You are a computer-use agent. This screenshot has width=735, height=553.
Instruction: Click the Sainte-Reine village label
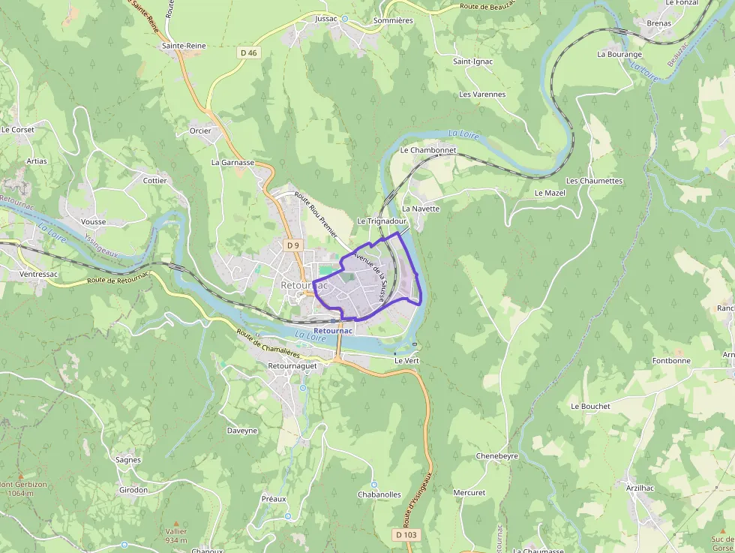[x=184, y=46]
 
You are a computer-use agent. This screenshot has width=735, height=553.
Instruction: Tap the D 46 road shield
[x=249, y=53]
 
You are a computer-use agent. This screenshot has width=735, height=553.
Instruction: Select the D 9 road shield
[x=292, y=245]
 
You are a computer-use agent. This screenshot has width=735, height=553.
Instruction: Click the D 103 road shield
[x=405, y=534]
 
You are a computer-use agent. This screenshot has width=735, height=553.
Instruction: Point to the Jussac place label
[x=327, y=18]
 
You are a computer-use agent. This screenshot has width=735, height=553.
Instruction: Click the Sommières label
[x=393, y=20]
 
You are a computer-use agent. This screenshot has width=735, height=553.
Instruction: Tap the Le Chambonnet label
[x=428, y=150]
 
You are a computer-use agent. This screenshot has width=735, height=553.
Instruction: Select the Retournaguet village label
[x=292, y=365]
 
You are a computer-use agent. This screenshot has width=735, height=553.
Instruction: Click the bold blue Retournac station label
[x=332, y=330]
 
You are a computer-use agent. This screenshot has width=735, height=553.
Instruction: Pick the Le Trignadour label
[x=382, y=221]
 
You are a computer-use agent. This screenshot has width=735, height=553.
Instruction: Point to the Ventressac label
[x=39, y=275]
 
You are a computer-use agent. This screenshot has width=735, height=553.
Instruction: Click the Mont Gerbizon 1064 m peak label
[x=23, y=488]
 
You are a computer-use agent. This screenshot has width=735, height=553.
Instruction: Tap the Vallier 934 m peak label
[x=176, y=535]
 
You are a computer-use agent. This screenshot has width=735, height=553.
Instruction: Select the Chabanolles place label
[x=379, y=494]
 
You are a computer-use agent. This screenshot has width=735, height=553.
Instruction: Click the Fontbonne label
[x=671, y=360]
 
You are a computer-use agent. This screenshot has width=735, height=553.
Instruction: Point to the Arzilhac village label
[x=640, y=487]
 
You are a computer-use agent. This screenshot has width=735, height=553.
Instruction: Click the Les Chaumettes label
[x=594, y=181]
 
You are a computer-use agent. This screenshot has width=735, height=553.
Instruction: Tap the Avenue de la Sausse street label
[x=372, y=275]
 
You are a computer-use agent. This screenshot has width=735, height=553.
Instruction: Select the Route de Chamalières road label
[x=268, y=344]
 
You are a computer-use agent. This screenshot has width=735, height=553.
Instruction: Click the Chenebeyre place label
[x=497, y=455]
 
